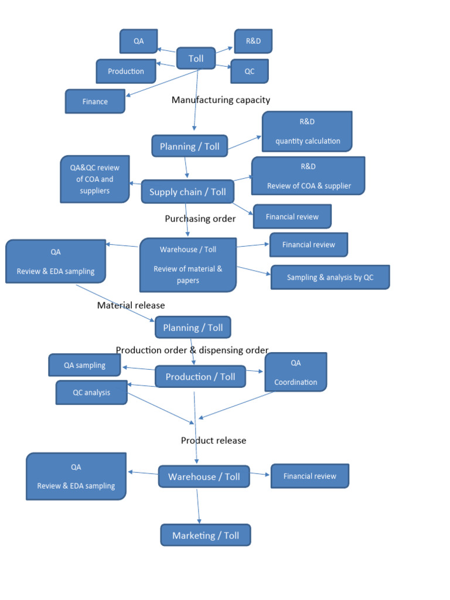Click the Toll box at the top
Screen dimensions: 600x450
196,59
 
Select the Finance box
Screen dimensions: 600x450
95,101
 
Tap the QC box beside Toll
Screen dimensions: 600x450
249,71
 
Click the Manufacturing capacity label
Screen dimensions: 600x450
221,100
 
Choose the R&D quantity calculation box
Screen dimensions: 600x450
307,132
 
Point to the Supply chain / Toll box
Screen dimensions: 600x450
187,192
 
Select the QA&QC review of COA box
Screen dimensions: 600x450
94,179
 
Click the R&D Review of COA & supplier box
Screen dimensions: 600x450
308,176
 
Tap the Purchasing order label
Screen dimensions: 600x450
200,219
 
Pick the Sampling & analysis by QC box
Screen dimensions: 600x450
330,277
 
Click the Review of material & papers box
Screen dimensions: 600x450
187,265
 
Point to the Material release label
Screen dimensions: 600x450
131,305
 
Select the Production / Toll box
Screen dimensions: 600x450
200,377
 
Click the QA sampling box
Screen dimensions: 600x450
84,365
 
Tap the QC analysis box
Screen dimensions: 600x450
91,393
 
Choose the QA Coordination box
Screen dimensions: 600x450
295,372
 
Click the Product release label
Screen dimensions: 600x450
213,441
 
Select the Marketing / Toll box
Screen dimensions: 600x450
205,536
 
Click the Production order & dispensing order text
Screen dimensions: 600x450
192,350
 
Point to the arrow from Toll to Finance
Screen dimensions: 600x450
162,83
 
